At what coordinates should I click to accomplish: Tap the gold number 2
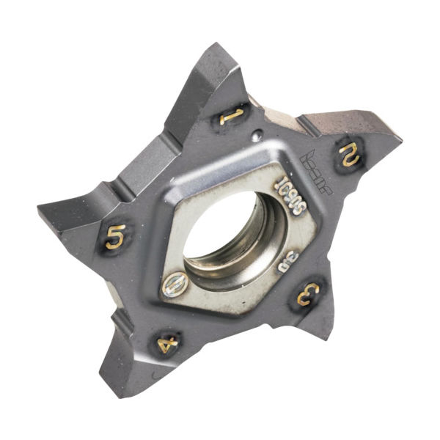(347, 154)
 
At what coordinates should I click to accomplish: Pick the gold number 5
(115, 237)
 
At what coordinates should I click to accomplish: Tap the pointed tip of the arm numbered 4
(110, 392)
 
